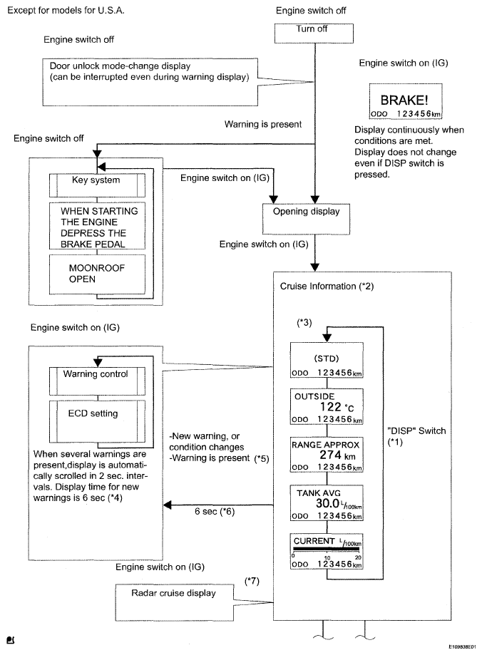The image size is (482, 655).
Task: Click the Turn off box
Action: click(314, 33)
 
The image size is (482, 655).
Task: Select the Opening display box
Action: click(306, 219)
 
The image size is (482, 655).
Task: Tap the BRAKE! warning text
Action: click(404, 100)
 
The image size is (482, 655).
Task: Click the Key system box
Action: click(97, 185)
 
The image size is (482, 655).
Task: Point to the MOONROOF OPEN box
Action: click(97, 274)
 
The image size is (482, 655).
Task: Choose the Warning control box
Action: click(97, 381)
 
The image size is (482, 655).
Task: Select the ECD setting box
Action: click(97, 421)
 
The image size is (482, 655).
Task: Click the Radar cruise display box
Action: click(174, 602)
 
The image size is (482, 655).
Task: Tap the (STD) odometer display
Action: click(327, 360)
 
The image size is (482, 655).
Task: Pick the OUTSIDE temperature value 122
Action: click(331, 407)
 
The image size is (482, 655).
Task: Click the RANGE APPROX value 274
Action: click(331, 455)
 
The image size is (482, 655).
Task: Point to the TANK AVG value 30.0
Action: click(327, 503)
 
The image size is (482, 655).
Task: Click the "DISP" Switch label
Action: click(417, 430)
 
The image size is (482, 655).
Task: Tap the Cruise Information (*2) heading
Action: click(327, 286)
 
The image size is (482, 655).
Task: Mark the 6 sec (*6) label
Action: click(215, 511)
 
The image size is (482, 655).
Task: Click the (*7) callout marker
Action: click(252, 581)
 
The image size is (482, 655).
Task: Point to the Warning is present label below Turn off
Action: click(263, 124)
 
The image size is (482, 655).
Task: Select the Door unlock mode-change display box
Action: click(150, 82)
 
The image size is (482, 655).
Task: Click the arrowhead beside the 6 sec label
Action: click(168, 505)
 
